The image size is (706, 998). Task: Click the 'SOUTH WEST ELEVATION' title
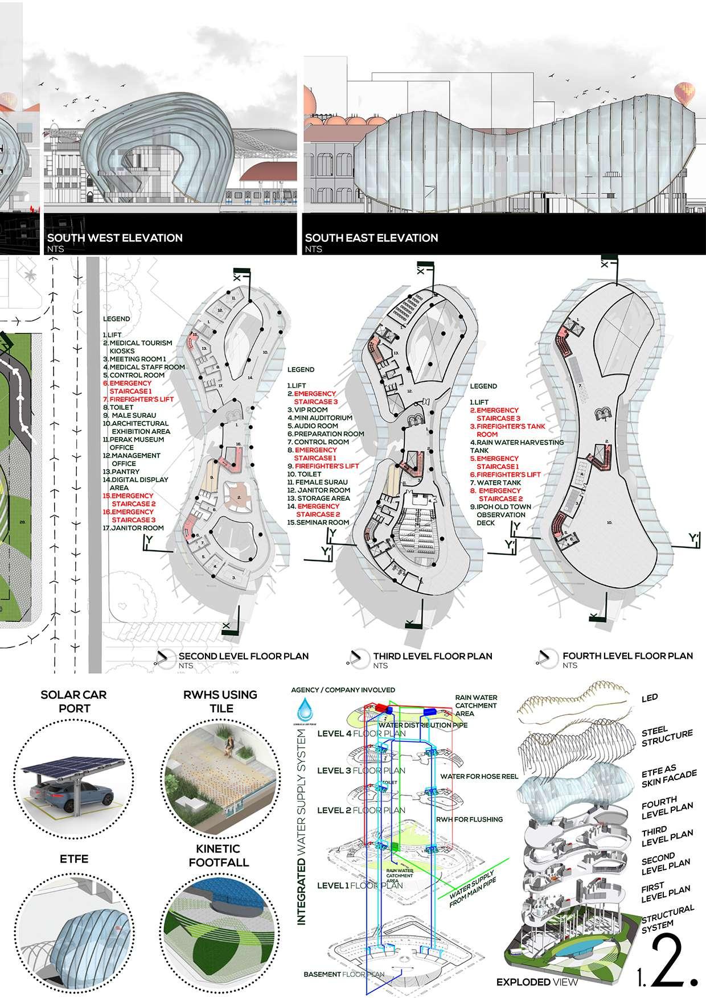coord(114,238)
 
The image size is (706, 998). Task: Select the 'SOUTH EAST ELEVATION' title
coord(371,238)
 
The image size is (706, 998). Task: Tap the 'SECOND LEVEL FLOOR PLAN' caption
coord(244,656)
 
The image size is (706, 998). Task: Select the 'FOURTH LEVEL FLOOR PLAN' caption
coord(627,656)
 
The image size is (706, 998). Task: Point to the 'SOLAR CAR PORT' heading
coord(73,701)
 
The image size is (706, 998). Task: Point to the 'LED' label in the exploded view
coord(648,698)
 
